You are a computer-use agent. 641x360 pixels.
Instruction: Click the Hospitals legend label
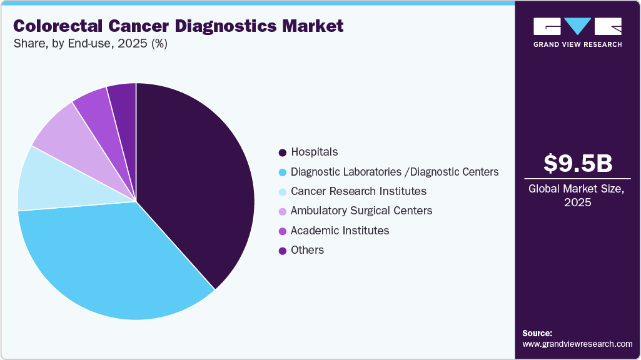[314, 152]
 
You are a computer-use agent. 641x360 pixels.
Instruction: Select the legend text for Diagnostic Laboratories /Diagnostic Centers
[395, 172]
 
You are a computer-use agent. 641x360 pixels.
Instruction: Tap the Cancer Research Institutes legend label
[358, 191]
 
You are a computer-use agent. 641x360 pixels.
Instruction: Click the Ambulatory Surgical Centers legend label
[361, 211]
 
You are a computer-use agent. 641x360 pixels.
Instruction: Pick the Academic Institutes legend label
[340, 231]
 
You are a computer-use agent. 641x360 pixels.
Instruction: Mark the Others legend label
[307, 250]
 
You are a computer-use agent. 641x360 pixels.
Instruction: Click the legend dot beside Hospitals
[283, 152]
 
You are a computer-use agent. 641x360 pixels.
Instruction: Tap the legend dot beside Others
[283, 251]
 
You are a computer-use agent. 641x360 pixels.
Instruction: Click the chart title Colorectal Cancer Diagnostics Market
[178, 26]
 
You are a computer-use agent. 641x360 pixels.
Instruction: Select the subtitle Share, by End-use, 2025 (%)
[90, 44]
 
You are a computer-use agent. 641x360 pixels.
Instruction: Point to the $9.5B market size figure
[577, 164]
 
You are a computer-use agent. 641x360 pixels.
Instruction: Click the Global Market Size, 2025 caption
[577, 195]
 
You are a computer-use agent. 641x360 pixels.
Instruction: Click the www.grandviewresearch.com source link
[577, 344]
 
